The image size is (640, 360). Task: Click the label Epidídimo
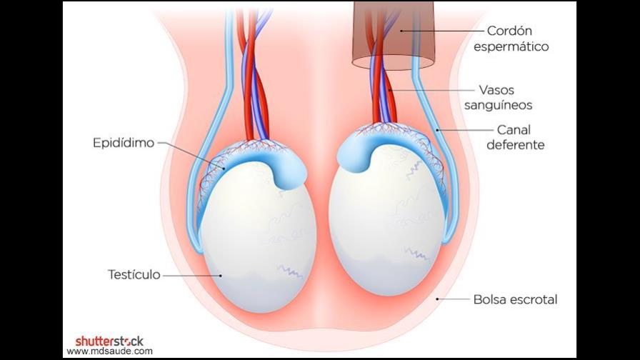tap(124, 143)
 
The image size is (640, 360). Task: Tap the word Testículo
tap(134, 274)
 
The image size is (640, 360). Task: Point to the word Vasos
tap(496, 91)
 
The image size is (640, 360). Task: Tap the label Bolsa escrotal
tap(515, 299)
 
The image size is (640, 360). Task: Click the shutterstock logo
tap(109, 341)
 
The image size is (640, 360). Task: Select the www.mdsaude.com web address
tap(109, 351)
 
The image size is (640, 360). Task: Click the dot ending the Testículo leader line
tap(221, 275)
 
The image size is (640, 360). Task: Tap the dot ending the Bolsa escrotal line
tap(437, 299)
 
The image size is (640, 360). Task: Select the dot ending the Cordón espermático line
tap(402, 31)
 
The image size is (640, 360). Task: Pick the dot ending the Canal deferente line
tap(436, 130)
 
